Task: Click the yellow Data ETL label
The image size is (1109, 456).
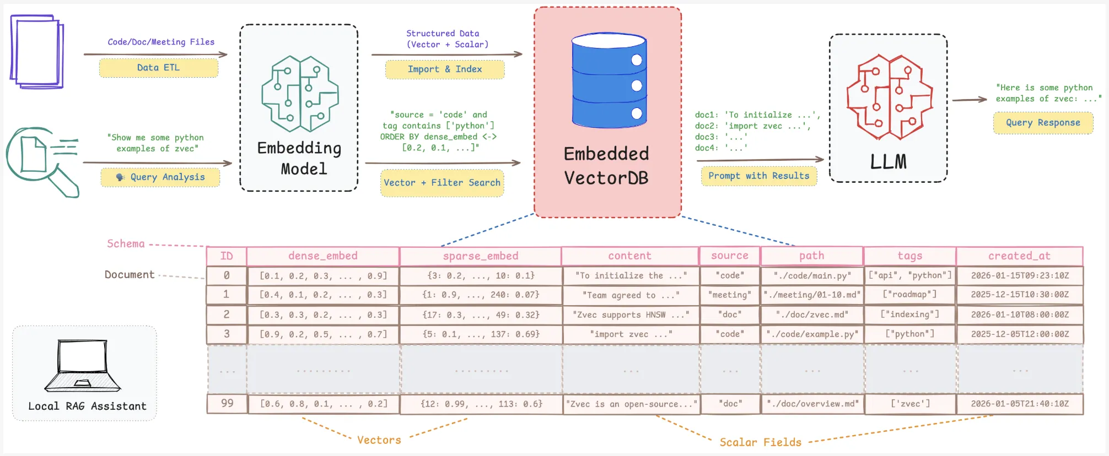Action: pos(159,68)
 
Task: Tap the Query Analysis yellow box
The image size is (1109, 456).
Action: pos(160,177)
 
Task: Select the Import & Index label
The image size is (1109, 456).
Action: pos(444,69)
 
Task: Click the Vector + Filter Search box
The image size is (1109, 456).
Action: pos(442,183)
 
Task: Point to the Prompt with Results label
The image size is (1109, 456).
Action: pos(758,176)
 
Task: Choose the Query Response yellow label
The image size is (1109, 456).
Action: pos(1043,123)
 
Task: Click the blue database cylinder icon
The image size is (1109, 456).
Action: pos(609,80)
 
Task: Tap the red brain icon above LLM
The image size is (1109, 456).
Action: pos(889,97)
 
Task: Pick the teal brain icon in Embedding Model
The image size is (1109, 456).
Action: pos(300,94)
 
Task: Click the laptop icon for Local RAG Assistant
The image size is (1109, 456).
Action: pos(83,366)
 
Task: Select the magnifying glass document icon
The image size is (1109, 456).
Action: pos(42,160)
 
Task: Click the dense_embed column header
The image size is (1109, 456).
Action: pos(323,256)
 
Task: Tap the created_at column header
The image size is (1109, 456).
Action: pos(1019,256)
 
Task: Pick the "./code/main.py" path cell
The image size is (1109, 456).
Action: pos(812,275)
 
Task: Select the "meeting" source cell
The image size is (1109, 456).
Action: pos(730,295)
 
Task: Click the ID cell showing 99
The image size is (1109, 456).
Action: pos(227,404)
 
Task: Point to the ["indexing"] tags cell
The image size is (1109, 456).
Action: pos(909,314)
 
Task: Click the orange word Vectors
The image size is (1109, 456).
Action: pos(379,440)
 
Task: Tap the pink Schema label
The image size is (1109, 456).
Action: pos(126,244)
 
